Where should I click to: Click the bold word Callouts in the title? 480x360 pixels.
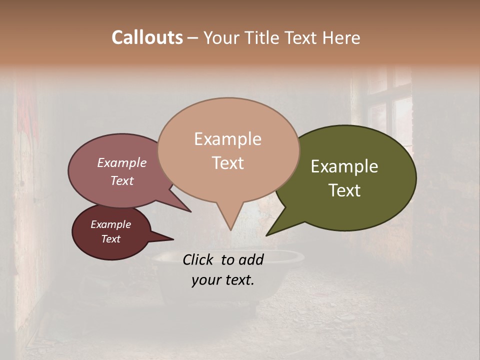click(x=147, y=37)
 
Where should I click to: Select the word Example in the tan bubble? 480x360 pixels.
click(x=227, y=139)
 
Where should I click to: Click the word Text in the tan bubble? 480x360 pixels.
click(x=227, y=163)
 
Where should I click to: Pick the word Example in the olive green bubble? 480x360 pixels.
click(x=344, y=166)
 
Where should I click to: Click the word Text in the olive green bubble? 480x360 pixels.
click(x=344, y=190)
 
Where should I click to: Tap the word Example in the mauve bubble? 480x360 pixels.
click(x=121, y=163)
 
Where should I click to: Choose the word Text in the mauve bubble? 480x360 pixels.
click(x=121, y=181)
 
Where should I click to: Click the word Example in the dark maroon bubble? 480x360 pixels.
click(x=110, y=224)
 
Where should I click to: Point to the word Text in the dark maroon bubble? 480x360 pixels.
click(x=110, y=239)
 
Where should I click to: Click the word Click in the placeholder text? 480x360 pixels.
click(x=199, y=259)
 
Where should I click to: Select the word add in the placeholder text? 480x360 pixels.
click(x=251, y=259)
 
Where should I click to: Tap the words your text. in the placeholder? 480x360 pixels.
click(x=222, y=280)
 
